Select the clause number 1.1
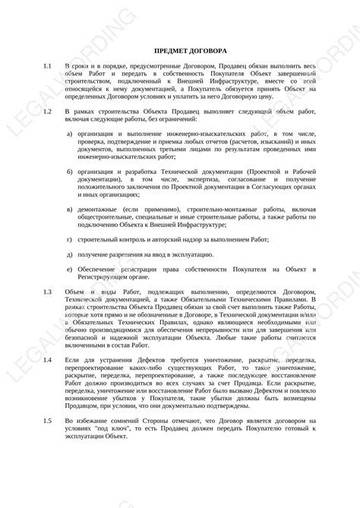48,68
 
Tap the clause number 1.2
48,112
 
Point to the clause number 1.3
48,292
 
